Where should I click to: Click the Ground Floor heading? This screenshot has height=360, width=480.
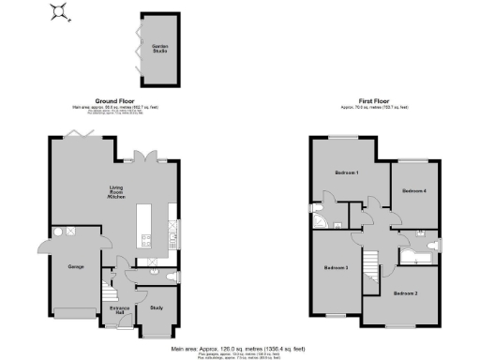point(113,99)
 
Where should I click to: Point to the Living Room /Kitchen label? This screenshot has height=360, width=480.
point(116,195)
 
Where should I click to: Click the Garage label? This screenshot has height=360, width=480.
point(77,267)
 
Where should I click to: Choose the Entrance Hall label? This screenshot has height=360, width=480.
point(119,309)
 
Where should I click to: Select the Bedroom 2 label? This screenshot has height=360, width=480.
point(404,294)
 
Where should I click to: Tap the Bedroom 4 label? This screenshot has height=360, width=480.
point(414,190)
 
